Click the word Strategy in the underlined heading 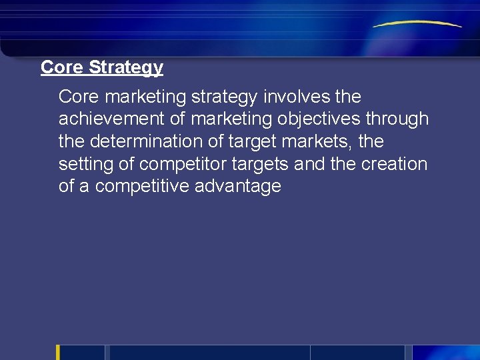126,68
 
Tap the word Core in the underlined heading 62,67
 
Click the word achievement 115,119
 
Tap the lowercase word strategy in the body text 225,97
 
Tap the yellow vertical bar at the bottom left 58,352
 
